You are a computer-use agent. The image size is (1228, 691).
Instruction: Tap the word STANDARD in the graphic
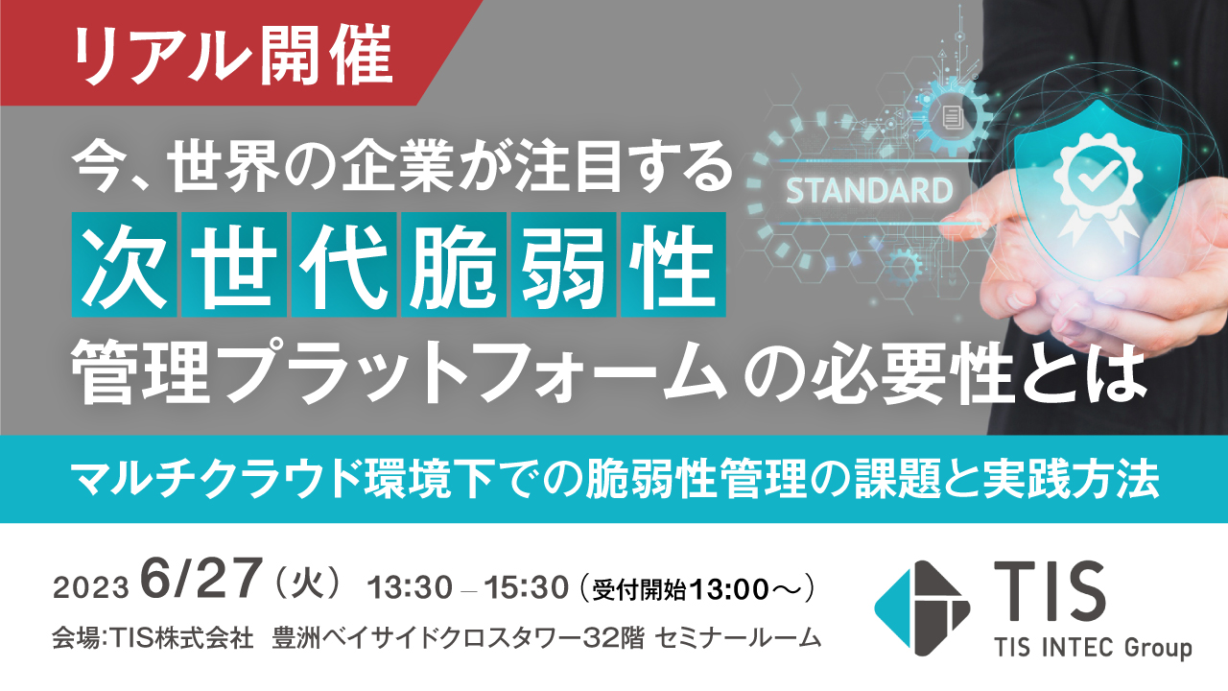tap(868, 190)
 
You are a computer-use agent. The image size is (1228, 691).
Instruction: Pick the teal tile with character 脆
tap(454, 265)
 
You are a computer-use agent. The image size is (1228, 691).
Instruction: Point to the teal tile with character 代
tap(344, 265)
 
